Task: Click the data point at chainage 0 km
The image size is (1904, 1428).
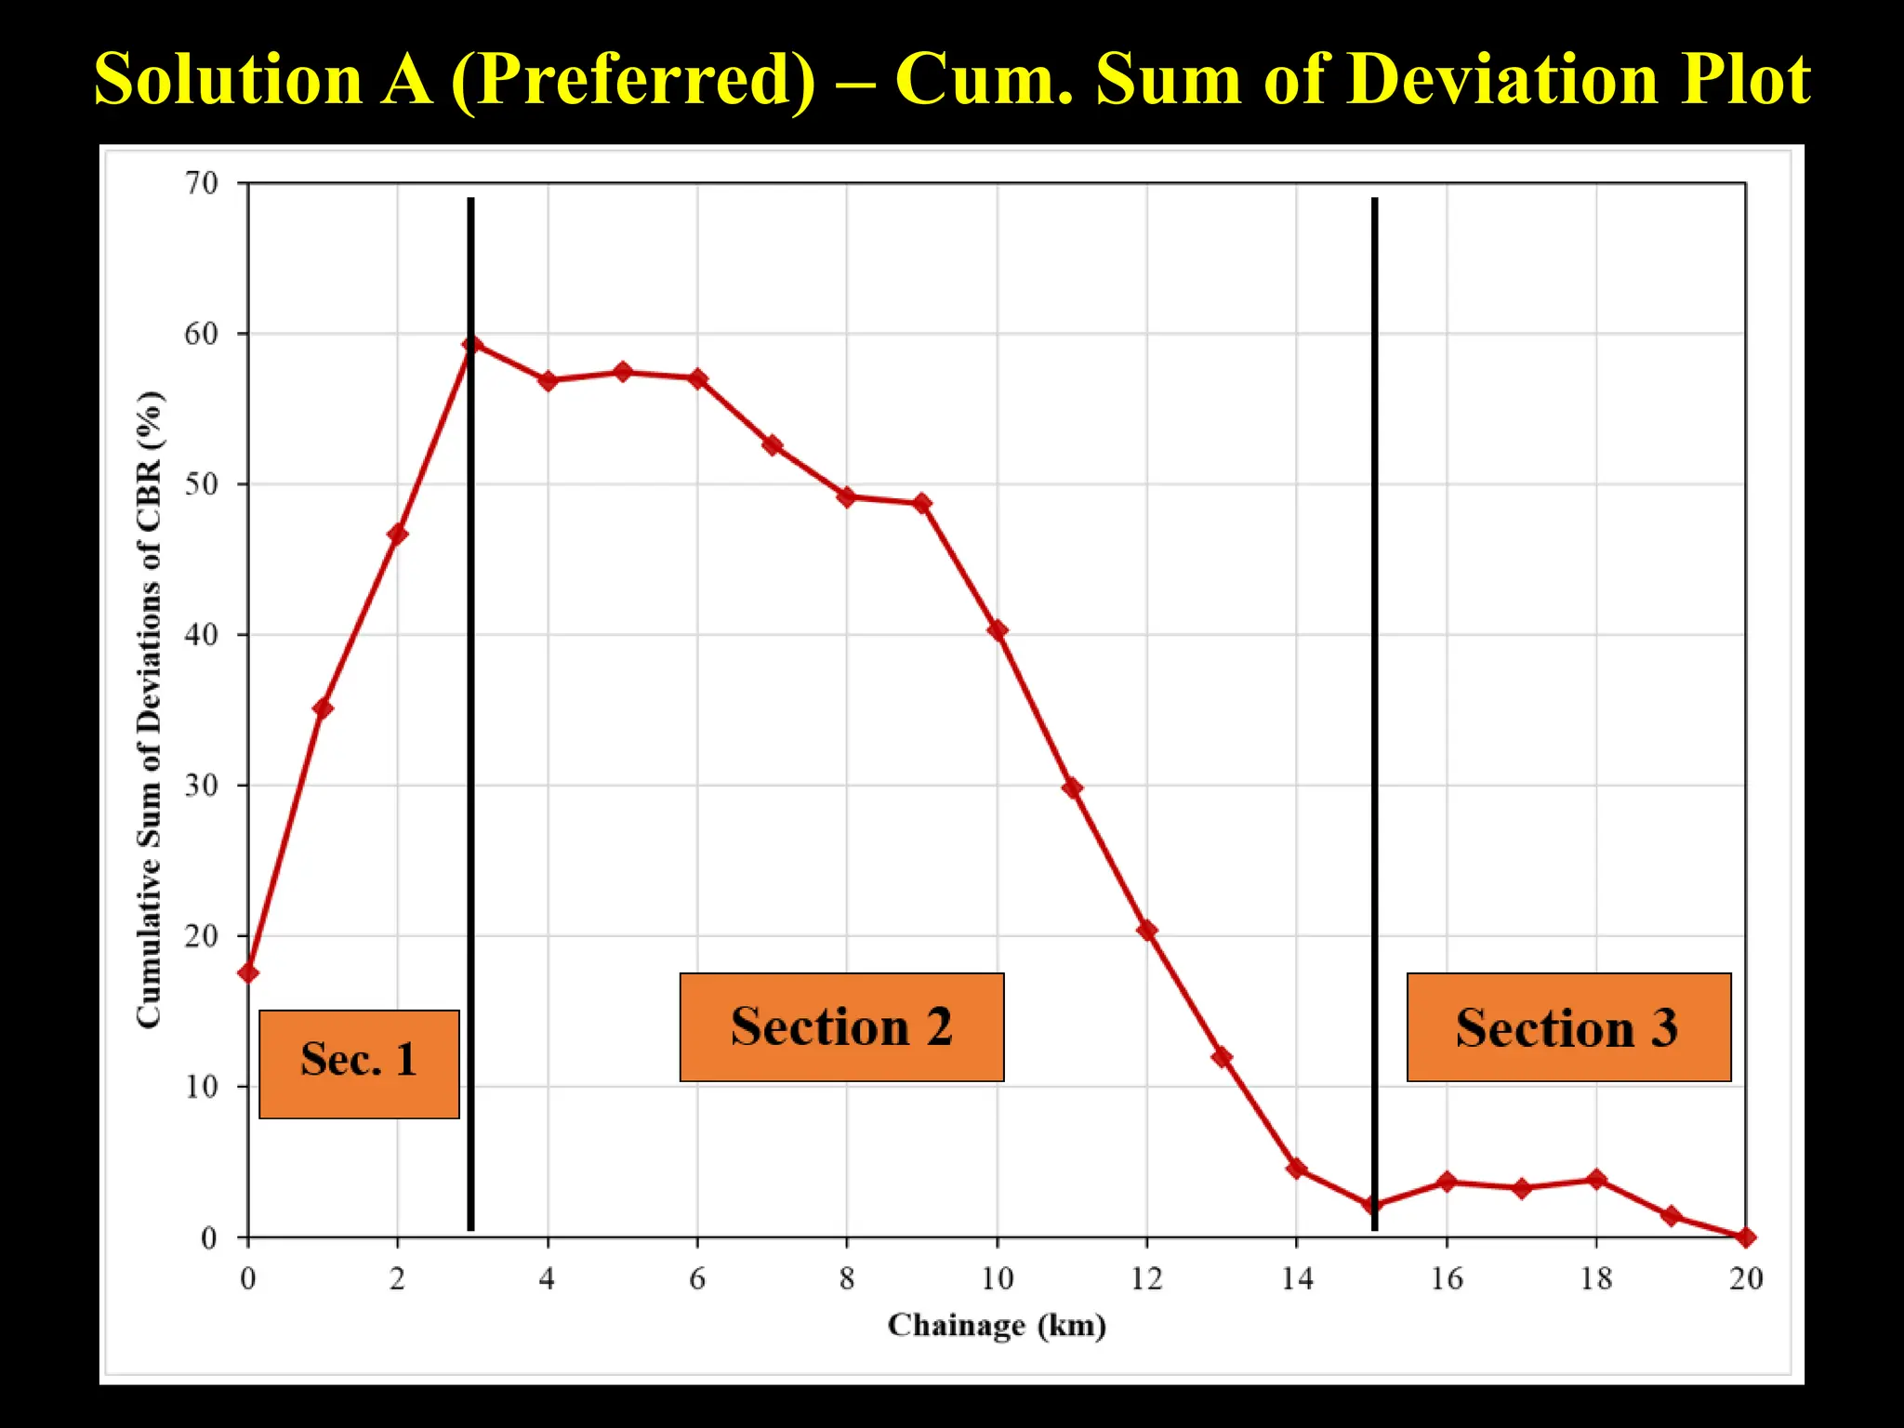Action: [x=248, y=973]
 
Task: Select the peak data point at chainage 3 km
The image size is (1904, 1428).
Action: [x=472, y=345]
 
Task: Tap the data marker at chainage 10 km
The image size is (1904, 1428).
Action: [x=998, y=630]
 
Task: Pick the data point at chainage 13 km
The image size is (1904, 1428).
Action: [x=1223, y=1057]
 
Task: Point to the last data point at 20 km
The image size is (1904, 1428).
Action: [x=1746, y=1237]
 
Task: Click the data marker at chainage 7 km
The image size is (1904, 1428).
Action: [x=773, y=445]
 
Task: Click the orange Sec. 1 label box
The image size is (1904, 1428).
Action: [x=359, y=1064]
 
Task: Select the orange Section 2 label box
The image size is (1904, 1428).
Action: [x=841, y=1027]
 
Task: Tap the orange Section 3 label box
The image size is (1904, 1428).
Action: [x=1568, y=1027]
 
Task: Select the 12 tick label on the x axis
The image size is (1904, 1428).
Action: [x=1147, y=1280]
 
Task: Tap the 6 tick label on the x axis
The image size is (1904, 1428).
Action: [x=697, y=1280]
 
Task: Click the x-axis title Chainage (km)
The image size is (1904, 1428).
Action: [x=997, y=1325]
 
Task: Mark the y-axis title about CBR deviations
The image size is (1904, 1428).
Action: [x=150, y=708]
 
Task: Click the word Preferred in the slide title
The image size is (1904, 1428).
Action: [x=633, y=79]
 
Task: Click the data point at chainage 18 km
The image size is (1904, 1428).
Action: [x=1596, y=1180]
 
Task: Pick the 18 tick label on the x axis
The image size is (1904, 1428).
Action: [x=1596, y=1280]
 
